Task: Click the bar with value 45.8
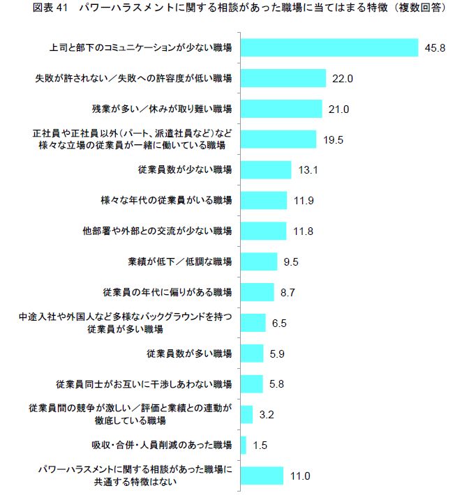[x=329, y=47]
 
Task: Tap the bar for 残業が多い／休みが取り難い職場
[x=281, y=109]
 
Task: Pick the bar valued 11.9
[x=263, y=201]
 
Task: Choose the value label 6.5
[x=278, y=323]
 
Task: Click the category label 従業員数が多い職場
[x=189, y=353]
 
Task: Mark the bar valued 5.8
[x=251, y=384]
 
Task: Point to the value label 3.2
[x=266, y=415]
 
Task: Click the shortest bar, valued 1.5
[x=243, y=445]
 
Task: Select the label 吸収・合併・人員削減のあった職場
[x=161, y=445]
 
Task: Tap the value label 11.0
[x=299, y=476]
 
